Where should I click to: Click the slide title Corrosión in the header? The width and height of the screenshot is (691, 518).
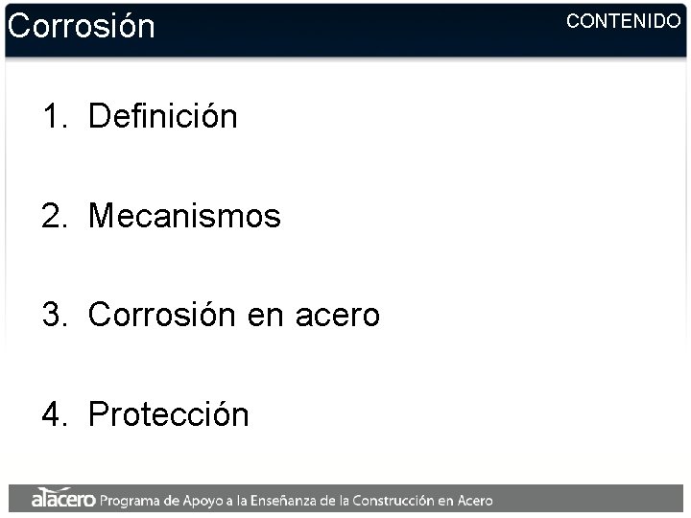pos(81,26)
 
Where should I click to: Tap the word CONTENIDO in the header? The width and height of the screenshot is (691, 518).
pos(623,20)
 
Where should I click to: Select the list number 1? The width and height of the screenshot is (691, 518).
pos(53,117)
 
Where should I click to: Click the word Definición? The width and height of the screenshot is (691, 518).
pos(162,117)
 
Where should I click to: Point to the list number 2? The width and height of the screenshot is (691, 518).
pos(53,216)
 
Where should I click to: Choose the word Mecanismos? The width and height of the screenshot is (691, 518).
pos(184,216)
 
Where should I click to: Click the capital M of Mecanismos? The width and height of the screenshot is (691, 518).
pos(100,216)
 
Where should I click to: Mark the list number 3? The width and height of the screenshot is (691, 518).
pos(53,315)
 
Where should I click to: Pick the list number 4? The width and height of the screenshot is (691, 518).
pos(53,414)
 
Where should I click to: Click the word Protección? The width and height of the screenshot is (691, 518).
pos(168,414)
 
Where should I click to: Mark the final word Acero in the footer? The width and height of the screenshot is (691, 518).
pos(476,500)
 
